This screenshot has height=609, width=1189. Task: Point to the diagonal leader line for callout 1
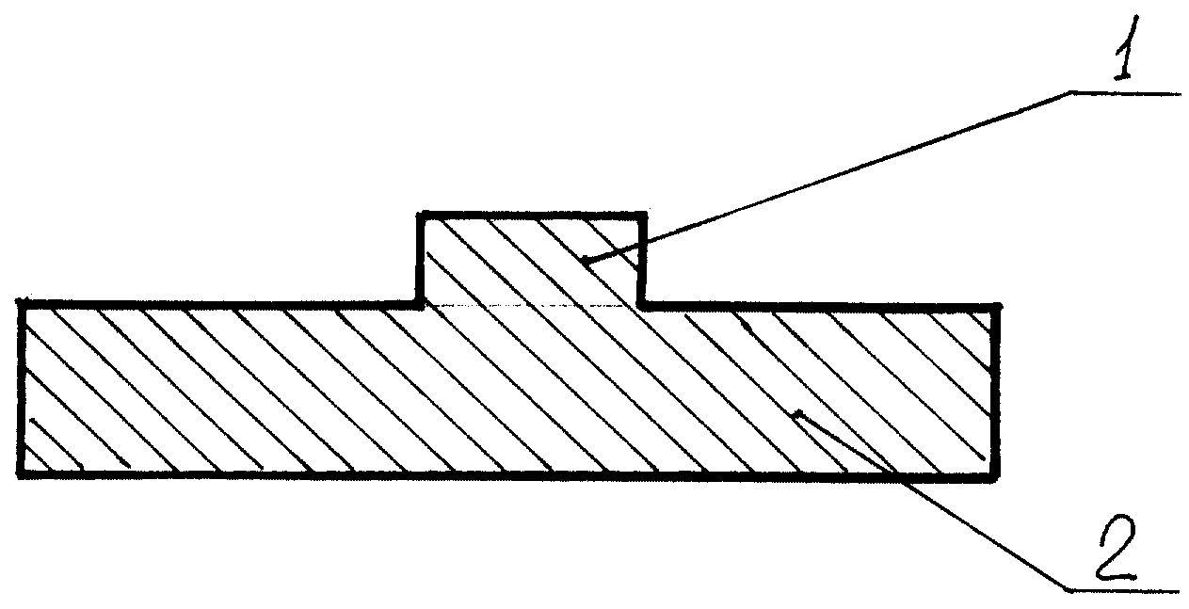pos(827,176)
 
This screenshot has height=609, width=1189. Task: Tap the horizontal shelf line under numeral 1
pos(1125,93)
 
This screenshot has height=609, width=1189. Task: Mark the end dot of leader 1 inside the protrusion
pos(584,260)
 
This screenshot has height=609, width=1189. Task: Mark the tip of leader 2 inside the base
pos(796,413)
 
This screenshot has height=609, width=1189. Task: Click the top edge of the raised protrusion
pos(532,215)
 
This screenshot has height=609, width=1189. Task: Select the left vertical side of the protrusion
pos(421,259)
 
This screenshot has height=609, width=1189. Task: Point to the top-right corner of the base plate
pos(997,307)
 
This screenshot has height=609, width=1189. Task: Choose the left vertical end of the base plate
pos(22,389)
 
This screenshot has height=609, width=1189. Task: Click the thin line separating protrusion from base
pos(531,306)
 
